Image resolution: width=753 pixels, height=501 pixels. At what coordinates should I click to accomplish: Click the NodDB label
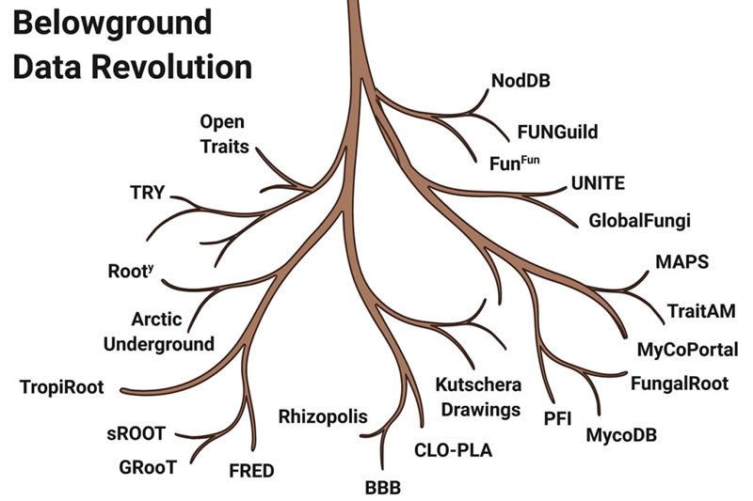coord(520,81)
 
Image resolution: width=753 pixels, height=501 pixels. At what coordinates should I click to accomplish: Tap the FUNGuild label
coord(557,131)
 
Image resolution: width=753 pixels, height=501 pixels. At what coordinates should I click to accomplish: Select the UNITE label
coord(598,182)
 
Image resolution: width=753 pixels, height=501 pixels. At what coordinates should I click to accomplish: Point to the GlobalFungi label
coord(640,222)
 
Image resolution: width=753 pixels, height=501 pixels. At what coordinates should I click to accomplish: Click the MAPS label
coord(681,261)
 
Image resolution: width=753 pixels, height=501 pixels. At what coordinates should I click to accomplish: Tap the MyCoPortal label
coord(688,351)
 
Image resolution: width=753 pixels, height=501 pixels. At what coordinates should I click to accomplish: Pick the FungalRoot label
coord(674,384)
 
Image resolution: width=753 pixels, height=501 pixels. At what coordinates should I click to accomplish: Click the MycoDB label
coord(620,435)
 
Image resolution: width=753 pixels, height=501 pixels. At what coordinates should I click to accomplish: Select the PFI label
coord(559,418)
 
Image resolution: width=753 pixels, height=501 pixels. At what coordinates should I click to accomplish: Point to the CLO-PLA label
coord(454,450)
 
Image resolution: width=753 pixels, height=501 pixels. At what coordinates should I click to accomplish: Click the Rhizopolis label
coord(322,416)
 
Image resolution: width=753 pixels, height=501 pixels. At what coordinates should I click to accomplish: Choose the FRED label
coord(252,470)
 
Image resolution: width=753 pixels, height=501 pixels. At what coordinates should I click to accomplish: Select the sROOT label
coord(136,433)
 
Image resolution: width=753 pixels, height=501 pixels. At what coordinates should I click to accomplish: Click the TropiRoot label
coord(61,386)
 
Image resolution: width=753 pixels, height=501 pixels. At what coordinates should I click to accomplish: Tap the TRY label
coord(148,194)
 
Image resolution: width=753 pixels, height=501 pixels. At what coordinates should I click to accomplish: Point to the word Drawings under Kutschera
coord(478,410)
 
